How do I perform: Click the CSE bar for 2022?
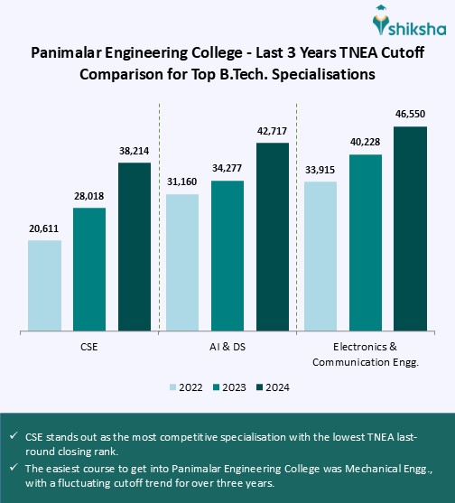coord(45,285)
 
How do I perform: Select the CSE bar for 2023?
coord(89,269)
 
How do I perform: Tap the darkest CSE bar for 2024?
coord(134,247)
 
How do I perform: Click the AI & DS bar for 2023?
coord(227,256)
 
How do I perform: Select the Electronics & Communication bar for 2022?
coord(320,256)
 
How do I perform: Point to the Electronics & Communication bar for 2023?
coord(366,242)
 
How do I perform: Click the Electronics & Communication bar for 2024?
coord(410,228)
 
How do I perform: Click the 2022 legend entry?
coord(186,387)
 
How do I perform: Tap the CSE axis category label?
coord(89,347)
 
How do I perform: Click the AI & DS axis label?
coord(227,347)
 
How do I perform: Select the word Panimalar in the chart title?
coord(71,54)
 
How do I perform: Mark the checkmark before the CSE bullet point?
coord(15,436)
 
